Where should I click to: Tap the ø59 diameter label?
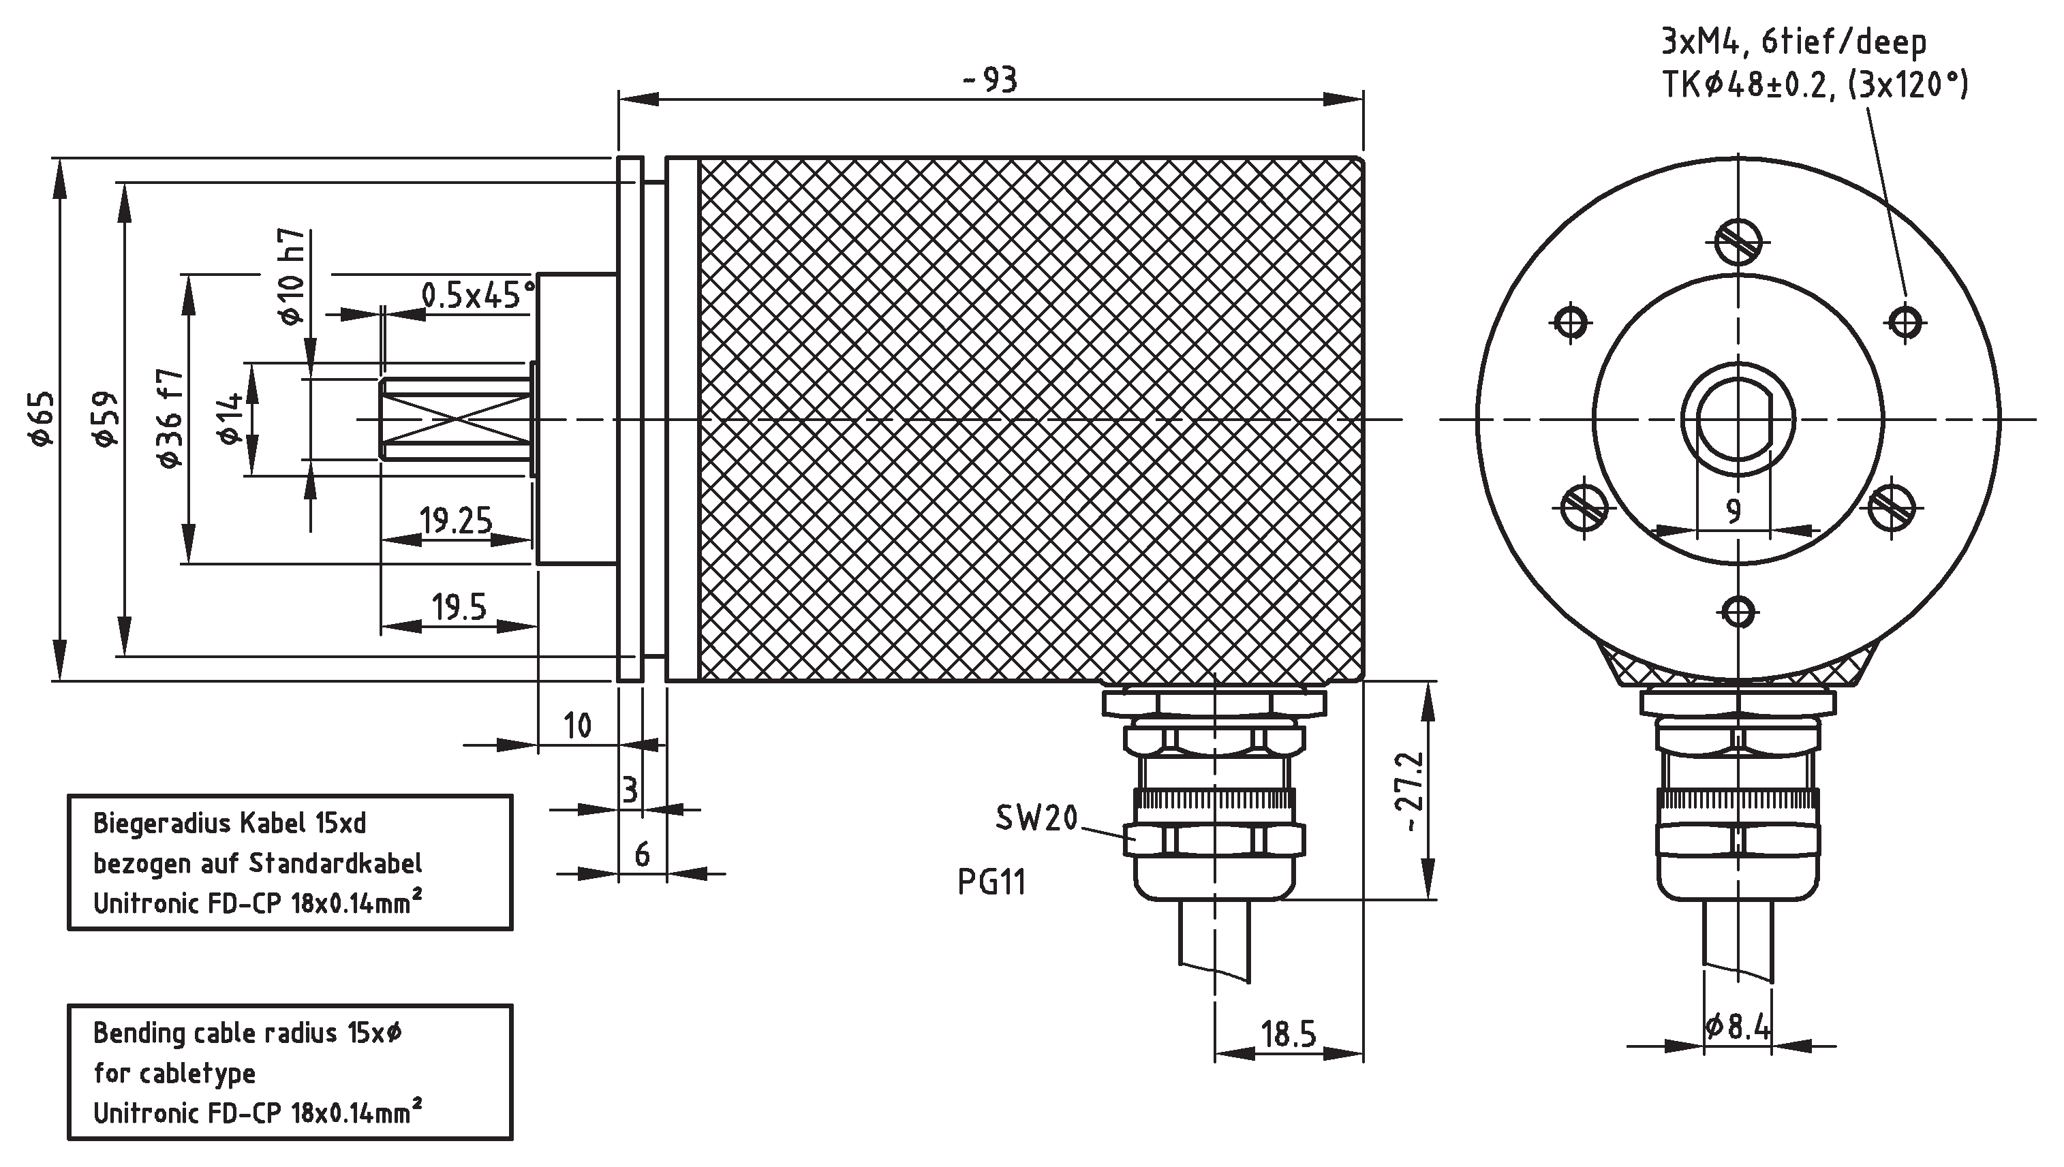(106, 419)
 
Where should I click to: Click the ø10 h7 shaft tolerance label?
(292, 277)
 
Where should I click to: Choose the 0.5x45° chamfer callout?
(478, 296)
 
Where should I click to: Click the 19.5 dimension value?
(459, 608)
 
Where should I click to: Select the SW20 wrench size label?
(1036, 818)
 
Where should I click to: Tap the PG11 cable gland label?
(991, 882)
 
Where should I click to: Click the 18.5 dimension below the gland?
(1288, 1035)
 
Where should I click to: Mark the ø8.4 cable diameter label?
(1738, 1027)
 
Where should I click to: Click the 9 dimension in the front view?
(1733, 510)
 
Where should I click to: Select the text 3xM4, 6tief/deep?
(1793, 42)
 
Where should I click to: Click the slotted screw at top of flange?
(1738, 241)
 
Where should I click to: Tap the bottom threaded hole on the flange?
(1738, 613)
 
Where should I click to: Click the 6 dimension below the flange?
(642, 855)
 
